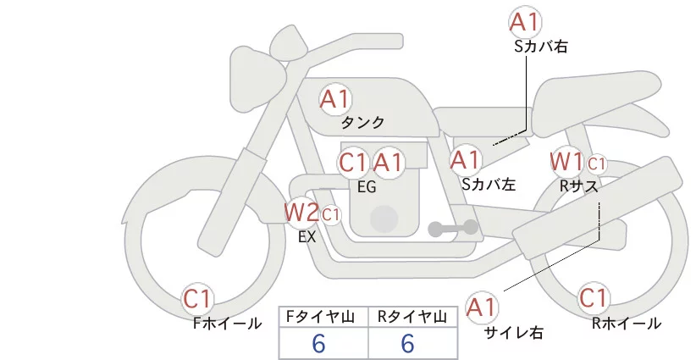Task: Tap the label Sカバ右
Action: [541, 47]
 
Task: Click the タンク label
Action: [362, 123]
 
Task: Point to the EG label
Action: [367, 186]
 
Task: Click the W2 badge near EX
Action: [301, 210]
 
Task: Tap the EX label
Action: [307, 237]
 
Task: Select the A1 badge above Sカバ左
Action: [466, 159]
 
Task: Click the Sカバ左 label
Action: [489, 182]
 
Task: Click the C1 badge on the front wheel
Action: [198, 298]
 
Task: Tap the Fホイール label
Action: [226, 324]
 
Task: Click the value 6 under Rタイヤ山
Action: [407, 344]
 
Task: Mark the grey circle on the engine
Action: [384, 218]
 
